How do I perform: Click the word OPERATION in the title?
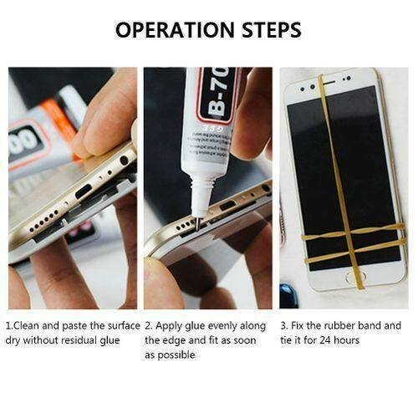[175, 30]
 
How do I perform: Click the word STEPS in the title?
[272, 30]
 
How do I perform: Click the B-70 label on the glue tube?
[220, 94]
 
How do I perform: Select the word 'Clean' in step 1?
[27, 325]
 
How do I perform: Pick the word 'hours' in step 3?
[346, 340]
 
